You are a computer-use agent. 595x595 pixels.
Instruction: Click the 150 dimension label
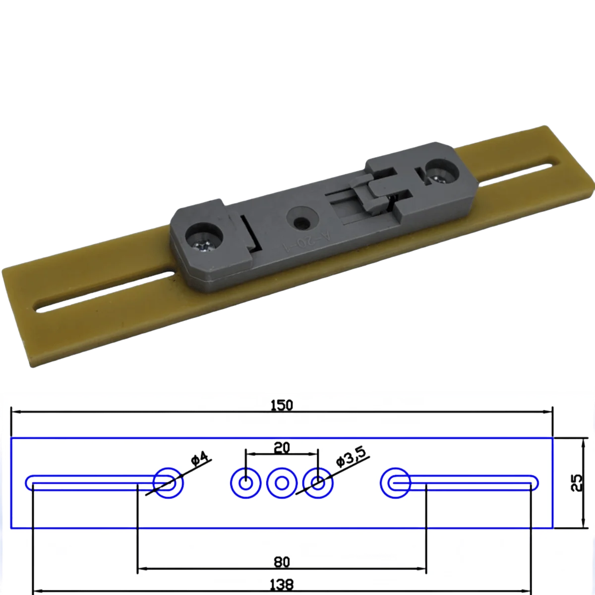point(282,405)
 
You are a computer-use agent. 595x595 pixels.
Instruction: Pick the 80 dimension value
point(282,562)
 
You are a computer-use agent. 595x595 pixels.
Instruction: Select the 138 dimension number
point(282,584)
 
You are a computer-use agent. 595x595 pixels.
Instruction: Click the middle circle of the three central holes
point(282,482)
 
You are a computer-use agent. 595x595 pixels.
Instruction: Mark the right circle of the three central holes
point(318,482)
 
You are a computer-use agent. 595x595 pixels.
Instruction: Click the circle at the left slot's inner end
point(168,482)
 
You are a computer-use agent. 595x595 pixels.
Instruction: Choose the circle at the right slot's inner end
point(395,482)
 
